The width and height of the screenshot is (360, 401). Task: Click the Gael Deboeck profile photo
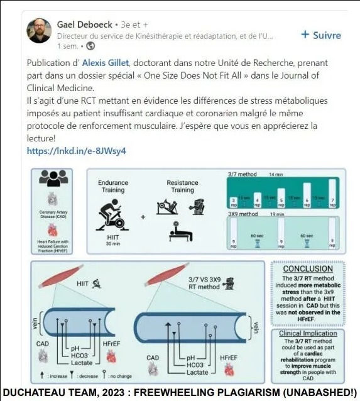(38, 30)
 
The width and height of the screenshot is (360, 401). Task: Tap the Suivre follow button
(320, 35)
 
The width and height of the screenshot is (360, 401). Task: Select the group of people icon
(53, 178)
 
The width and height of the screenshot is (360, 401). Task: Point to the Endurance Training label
(113, 187)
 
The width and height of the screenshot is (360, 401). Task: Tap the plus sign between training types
(143, 217)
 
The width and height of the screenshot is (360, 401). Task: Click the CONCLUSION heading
(307, 268)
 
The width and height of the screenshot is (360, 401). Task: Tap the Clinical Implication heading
(308, 334)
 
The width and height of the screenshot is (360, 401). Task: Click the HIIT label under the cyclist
(113, 238)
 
